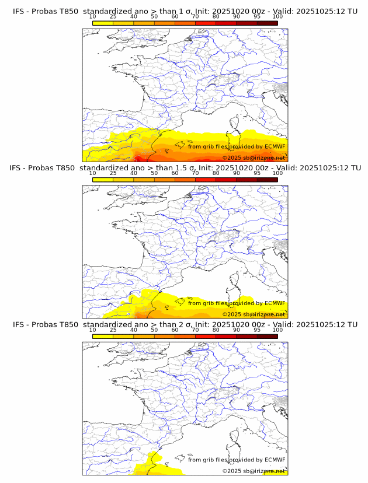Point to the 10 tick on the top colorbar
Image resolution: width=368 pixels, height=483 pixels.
click(93, 16)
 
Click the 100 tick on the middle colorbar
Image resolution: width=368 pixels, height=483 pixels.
click(277, 173)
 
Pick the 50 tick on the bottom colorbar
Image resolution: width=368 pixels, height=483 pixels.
click(154, 330)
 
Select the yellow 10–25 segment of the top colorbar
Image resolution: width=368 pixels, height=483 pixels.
click(103, 23)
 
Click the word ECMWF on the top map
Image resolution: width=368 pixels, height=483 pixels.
click(275, 146)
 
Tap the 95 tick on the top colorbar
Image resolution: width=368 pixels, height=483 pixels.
click(257, 16)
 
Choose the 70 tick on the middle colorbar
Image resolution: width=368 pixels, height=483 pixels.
click(195, 173)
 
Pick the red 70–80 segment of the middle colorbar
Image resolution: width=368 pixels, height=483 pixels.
click(206, 180)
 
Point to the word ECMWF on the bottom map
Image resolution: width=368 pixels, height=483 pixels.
click(275, 460)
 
